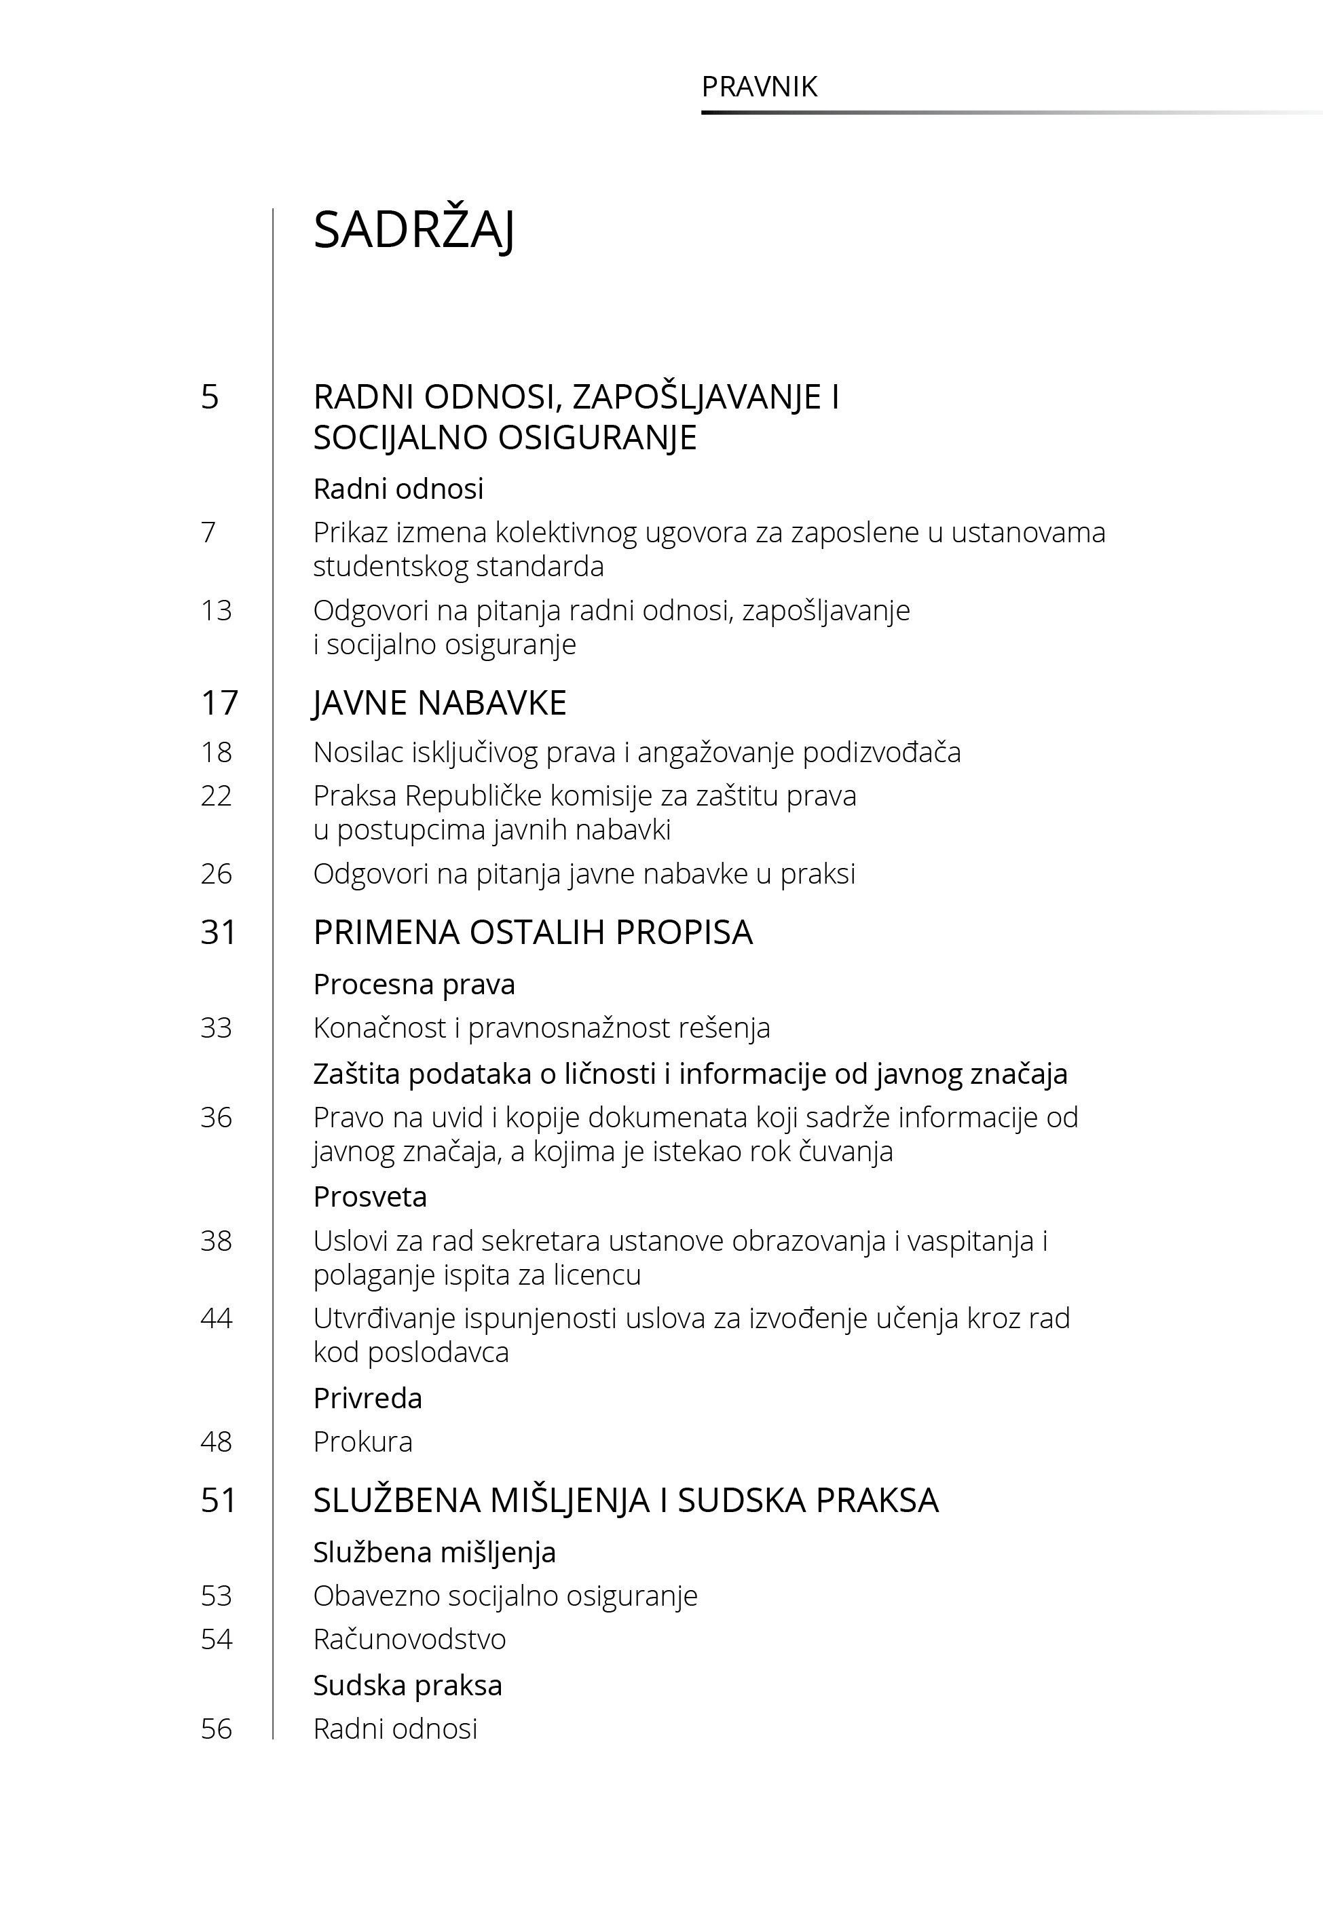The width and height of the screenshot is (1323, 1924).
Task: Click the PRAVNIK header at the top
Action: (760, 87)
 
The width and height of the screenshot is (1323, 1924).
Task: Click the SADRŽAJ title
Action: (413, 230)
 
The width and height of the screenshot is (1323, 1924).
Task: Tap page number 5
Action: (210, 397)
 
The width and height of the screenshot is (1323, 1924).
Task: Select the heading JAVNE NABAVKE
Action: (439, 702)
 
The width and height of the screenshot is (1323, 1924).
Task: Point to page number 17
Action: (219, 702)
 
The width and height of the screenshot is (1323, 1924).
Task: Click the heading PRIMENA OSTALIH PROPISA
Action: (532, 932)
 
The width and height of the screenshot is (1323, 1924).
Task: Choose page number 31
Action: (219, 932)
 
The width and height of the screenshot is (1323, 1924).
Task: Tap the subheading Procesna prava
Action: (413, 984)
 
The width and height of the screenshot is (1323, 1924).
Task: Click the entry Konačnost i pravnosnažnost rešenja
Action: (541, 1027)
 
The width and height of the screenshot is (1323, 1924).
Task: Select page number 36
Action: (217, 1117)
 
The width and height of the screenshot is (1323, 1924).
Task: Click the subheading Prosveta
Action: (370, 1196)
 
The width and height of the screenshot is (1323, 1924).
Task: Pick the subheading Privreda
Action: (367, 1398)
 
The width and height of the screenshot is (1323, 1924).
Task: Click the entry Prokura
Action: (362, 1441)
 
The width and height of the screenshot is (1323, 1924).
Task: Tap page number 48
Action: (217, 1441)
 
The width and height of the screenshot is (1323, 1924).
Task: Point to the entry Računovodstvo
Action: (409, 1639)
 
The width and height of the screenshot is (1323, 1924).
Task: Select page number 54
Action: (217, 1639)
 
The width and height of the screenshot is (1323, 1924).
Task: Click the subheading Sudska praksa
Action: (407, 1685)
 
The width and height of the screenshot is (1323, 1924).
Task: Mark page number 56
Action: (217, 1729)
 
